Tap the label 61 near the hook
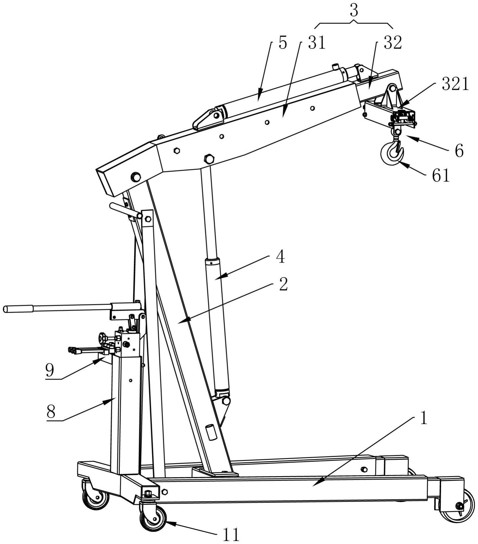pyautogui.click(x=441, y=175)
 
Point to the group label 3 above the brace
pyautogui.click(x=354, y=11)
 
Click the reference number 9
pyautogui.click(x=50, y=370)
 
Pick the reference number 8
pyautogui.click(x=51, y=412)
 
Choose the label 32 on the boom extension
pyautogui.click(x=393, y=43)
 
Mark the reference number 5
pyautogui.click(x=283, y=43)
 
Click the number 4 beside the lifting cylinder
pyautogui.click(x=280, y=257)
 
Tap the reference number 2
pyautogui.click(x=284, y=284)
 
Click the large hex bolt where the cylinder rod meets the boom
pyautogui.click(x=209, y=159)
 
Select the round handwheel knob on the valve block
pyautogui.click(x=102, y=337)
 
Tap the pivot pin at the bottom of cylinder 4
pyautogui.click(x=226, y=401)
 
